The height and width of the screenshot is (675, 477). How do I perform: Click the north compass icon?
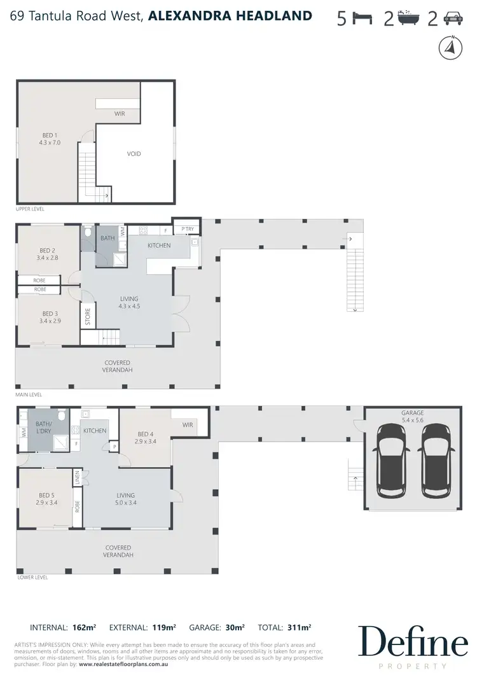450,48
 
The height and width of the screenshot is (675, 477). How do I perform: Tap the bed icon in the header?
364,19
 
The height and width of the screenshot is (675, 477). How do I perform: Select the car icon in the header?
452,19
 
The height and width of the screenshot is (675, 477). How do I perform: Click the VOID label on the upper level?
134,153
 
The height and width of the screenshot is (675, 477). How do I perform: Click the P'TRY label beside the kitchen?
187,229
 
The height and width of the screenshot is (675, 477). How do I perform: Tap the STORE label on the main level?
88,317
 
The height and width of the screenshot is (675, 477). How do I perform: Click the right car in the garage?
436,459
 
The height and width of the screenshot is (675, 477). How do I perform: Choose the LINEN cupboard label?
78,477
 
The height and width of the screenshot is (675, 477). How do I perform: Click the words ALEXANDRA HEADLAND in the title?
230,16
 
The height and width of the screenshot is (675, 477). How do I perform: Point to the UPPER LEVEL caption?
31,209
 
